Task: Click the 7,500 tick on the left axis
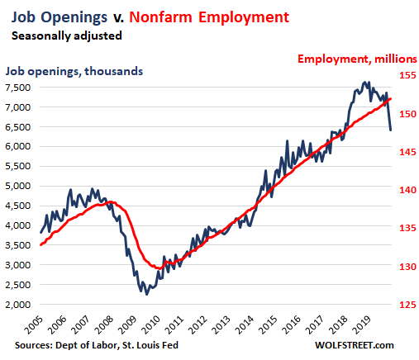tap(17, 88)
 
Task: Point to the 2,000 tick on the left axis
tap(17, 305)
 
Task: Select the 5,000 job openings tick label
tap(17, 186)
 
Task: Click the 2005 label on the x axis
tap(34, 324)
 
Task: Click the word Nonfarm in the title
tap(160, 17)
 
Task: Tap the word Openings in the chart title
tap(74, 18)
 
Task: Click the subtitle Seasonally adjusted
tap(67, 36)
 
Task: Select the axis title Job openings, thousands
tap(74, 72)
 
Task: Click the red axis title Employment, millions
tap(357, 59)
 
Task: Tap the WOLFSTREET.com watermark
tap(355, 345)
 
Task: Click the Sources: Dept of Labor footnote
tap(97, 345)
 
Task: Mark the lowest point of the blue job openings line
tap(146, 295)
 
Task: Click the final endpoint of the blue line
tap(391, 130)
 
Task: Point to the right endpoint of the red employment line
tap(391, 99)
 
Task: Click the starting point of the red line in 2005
tap(40, 244)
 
